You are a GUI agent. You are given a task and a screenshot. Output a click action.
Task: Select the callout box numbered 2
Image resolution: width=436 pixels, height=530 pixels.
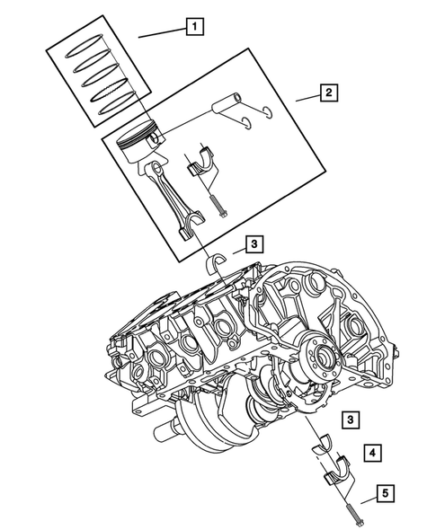[327, 93]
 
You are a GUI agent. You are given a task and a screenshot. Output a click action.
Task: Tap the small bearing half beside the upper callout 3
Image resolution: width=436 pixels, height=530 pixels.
[215, 262]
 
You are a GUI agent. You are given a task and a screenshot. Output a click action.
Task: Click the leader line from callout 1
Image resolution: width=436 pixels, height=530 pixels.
[162, 32]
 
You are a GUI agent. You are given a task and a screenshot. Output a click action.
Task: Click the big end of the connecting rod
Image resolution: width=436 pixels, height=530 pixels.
[188, 231]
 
